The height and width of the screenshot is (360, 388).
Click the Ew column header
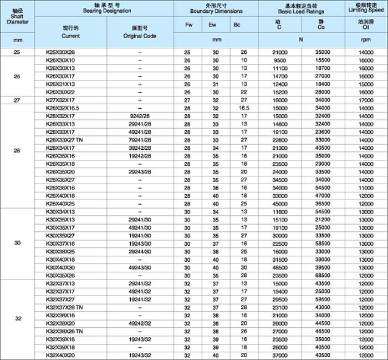[212, 25]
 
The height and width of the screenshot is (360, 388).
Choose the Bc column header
[237, 25]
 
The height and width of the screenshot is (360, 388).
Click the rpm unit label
[366, 40]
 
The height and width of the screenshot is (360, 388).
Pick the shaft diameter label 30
[18, 243]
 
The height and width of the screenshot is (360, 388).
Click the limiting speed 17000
[366, 100]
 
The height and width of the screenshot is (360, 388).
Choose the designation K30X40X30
[60, 267]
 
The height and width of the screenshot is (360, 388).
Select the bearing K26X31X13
[60, 84]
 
